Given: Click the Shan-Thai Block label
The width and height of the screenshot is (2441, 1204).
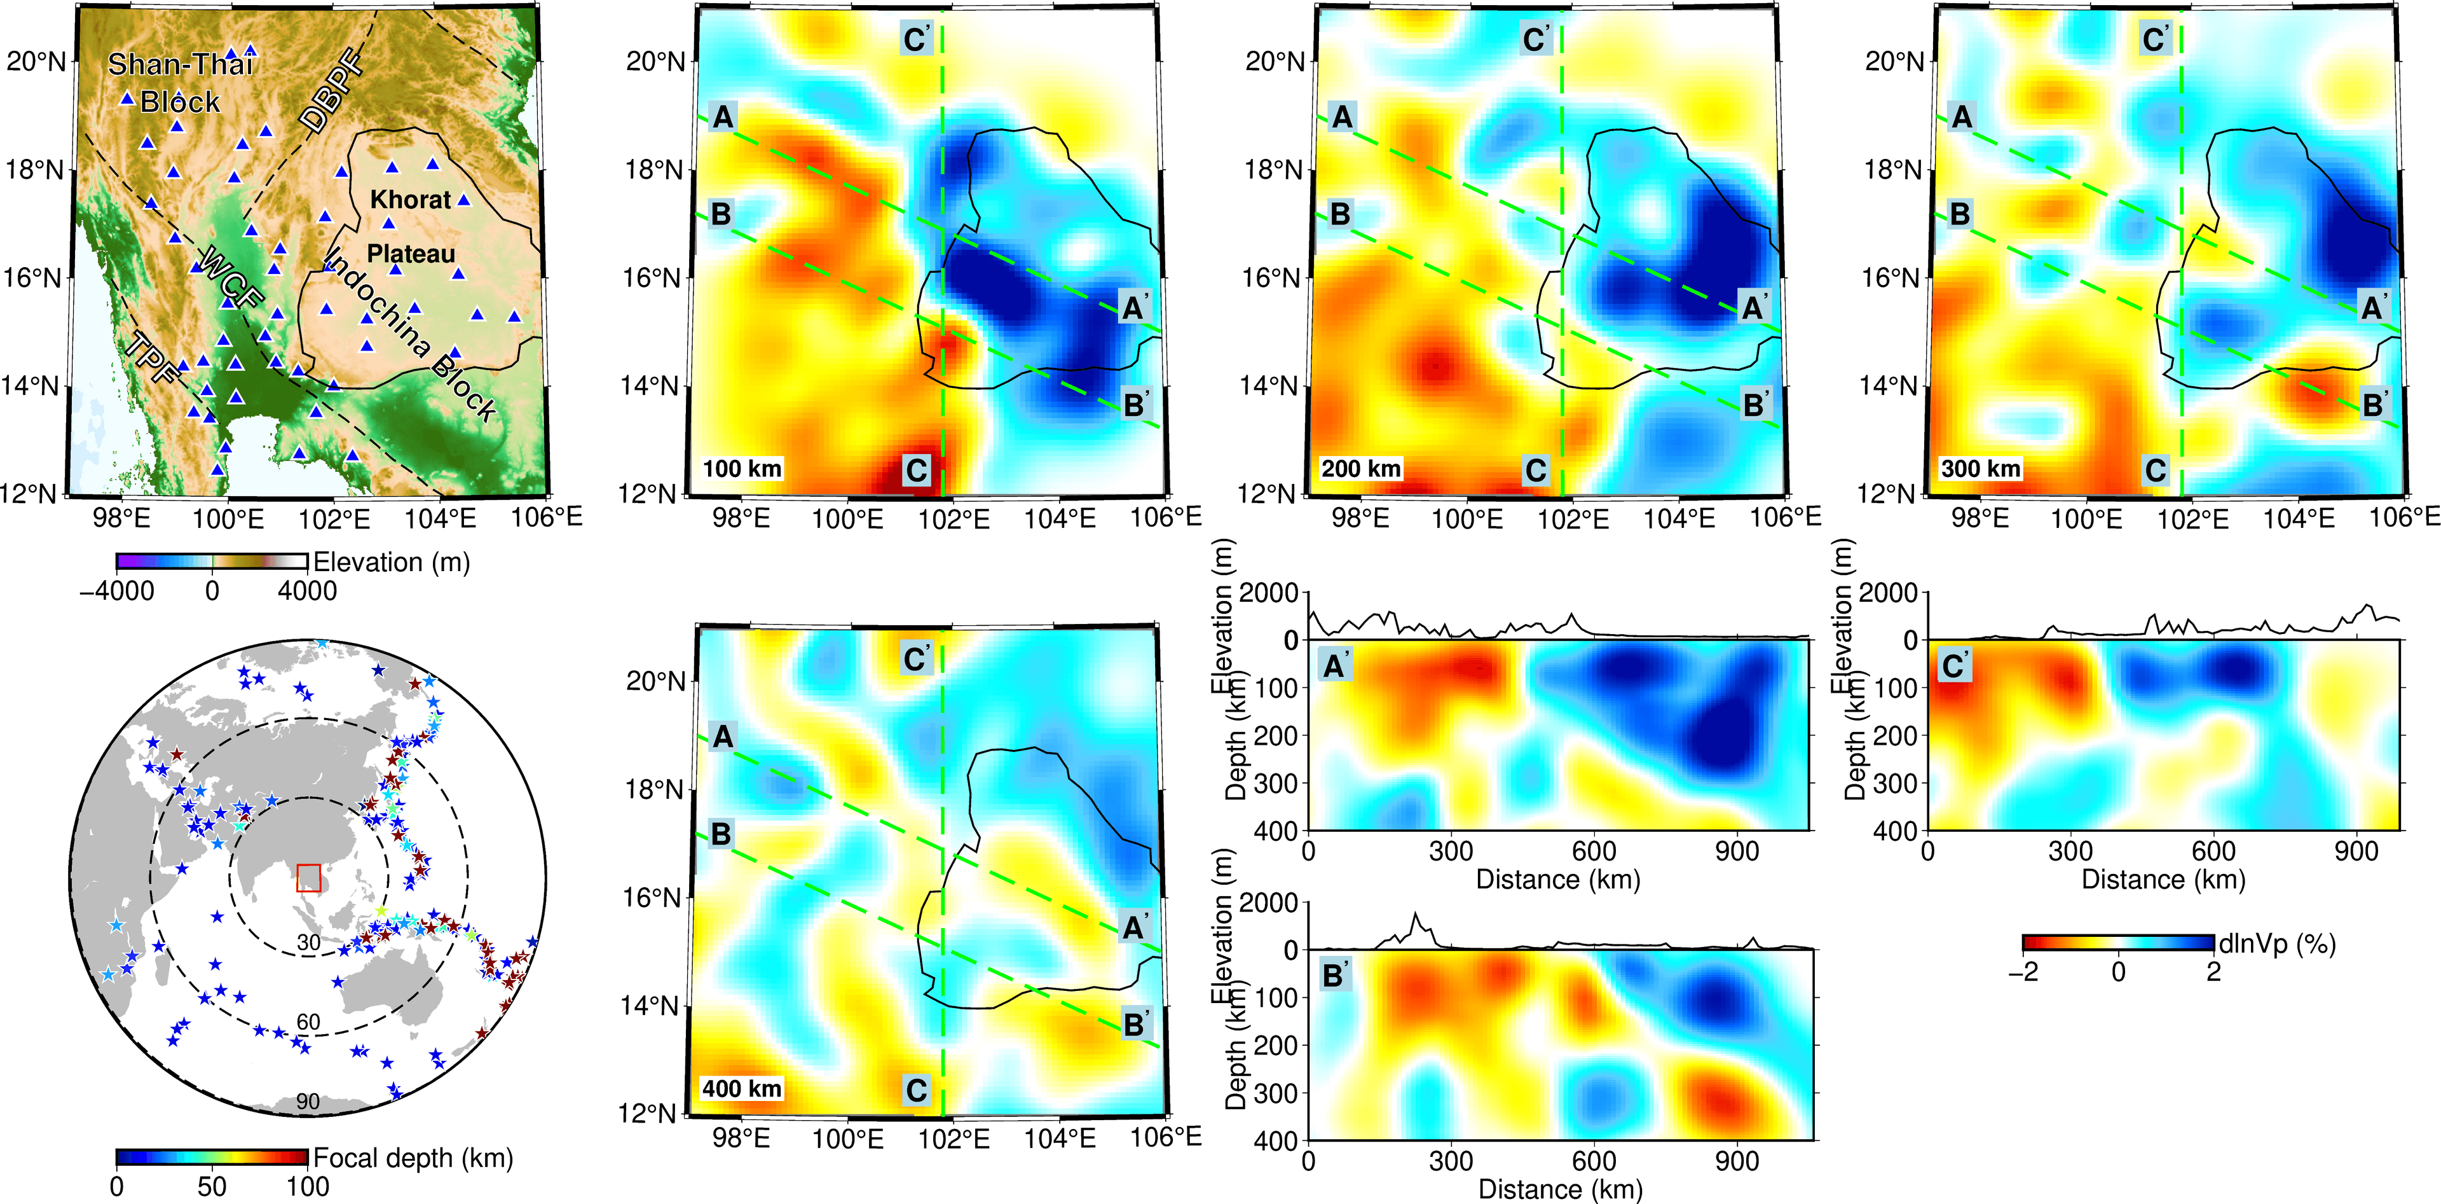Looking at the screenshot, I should coord(180,83).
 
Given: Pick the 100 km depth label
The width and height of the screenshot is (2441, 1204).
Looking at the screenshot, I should coord(742,468).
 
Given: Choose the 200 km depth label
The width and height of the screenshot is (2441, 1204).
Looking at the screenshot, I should coord(1361,468).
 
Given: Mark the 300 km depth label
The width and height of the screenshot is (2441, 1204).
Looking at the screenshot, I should coord(1981,468).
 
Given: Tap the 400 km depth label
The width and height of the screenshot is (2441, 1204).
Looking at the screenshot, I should coord(742,1088).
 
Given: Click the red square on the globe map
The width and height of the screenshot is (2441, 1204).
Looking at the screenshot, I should coord(308,878).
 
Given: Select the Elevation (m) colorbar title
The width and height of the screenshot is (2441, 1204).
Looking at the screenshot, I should coord(392,562).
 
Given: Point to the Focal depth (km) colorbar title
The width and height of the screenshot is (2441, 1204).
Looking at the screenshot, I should coord(413,1158).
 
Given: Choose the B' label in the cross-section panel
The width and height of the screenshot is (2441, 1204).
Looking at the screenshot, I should coord(1335,976).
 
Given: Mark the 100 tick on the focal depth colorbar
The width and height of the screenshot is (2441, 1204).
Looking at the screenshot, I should coord(307,1187).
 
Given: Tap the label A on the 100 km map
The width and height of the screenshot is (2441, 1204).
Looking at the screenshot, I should coord(723,118).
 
